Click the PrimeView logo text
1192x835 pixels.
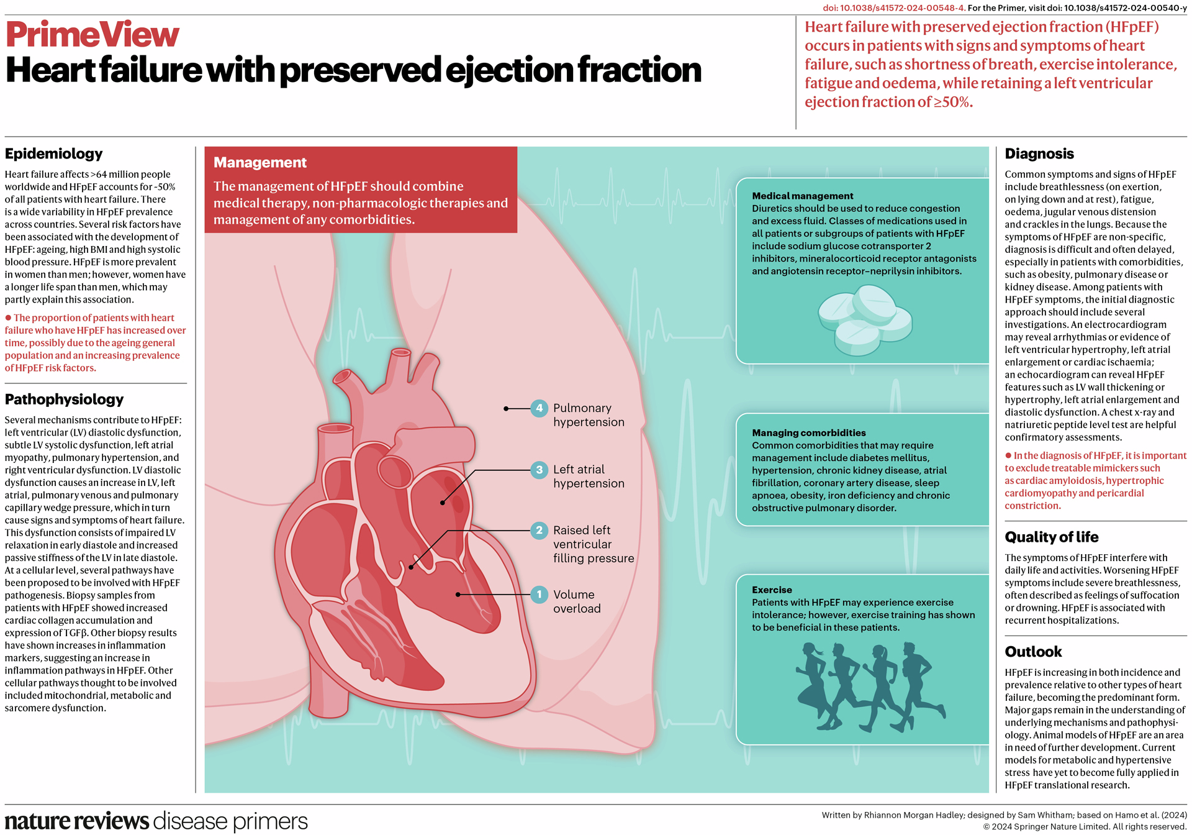[93, 35]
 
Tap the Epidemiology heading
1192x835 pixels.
[54, 153]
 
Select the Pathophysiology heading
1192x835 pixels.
[65, 399]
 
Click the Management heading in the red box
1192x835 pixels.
[260, 163]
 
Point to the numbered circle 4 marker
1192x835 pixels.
[539, 409]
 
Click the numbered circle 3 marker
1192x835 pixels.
[539, 470]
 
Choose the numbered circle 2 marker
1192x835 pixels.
[539, 531]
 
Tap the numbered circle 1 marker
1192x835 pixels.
[539, 595]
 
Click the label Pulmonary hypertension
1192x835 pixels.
[589, 415]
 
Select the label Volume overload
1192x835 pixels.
[577, 601]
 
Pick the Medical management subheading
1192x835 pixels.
[802, 196]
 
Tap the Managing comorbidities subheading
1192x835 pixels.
[808, 433]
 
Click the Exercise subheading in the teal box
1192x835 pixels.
[772, 590]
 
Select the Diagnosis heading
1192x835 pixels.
[1039, 153]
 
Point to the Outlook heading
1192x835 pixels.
[1033, 652]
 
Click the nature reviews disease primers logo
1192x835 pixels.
[156, 821]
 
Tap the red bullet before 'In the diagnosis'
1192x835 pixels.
[1008, 455]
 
